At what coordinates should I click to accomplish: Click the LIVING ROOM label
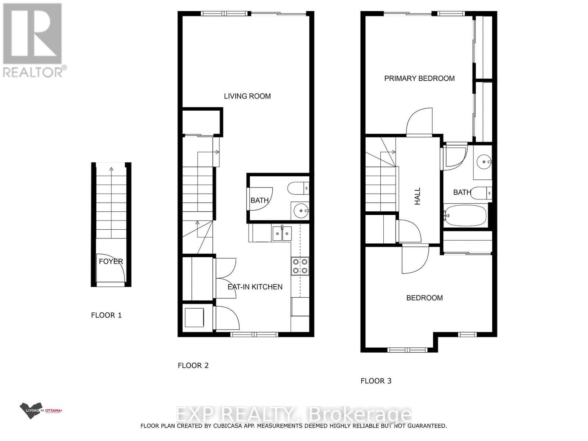[247, 96]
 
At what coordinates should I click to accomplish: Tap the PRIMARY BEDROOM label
[419, 78]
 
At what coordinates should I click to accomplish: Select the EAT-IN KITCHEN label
[255, 287]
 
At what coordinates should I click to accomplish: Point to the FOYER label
[111, 261]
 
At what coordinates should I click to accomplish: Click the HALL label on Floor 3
[417, 196]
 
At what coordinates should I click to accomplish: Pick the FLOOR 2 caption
[193, 365]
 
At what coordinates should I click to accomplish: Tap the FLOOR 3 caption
[376, 381]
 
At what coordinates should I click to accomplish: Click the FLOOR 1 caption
[106, 315]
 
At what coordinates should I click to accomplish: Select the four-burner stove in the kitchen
[300, 266]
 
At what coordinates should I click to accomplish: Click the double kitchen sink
[282, 233]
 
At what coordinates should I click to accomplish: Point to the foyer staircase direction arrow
[111, 169]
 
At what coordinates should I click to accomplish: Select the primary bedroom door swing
[419, 121]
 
